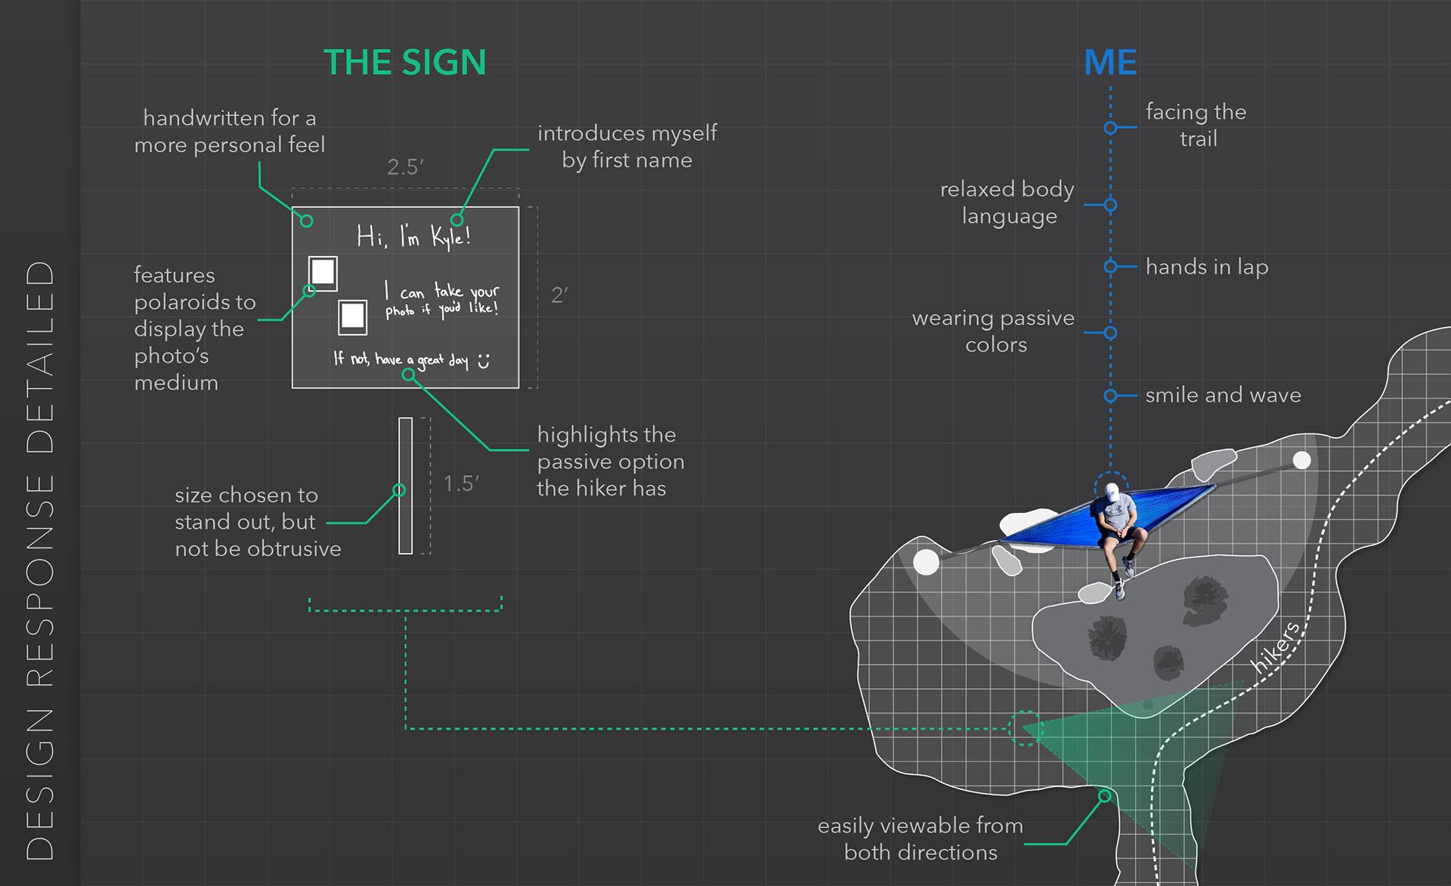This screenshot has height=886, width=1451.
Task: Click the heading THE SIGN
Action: (404, 62)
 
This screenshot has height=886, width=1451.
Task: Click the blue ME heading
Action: (1110, 62)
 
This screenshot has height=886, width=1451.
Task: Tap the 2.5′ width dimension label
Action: (405, 167)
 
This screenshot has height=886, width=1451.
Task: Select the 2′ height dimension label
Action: (559, 295)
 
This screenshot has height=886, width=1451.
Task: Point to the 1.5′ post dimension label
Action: (461, 483)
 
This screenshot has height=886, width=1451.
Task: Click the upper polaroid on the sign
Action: (323, 273)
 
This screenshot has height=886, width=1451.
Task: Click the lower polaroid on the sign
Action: (352, 316)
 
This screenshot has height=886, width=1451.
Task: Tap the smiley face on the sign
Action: (484, 361)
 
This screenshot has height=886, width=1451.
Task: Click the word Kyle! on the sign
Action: (451, 237)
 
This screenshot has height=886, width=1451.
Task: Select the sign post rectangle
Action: (406, 486)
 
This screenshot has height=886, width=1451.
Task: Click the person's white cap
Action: (1110, 492)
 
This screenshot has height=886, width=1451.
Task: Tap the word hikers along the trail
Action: (1276, 647)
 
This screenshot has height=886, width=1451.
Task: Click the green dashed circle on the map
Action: (1026, 728)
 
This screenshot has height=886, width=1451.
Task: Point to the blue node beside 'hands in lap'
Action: (1110, 267)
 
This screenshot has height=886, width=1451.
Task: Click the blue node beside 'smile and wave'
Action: (1110, 395)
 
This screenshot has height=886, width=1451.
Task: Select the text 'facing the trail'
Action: (1196, 125)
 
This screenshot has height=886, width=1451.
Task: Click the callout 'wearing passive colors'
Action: (994, 331)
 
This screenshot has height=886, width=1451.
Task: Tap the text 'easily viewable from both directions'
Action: (920, 838)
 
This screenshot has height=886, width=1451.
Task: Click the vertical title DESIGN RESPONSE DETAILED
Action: (40, 559)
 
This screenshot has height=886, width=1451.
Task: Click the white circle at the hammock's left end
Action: (927, 562)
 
